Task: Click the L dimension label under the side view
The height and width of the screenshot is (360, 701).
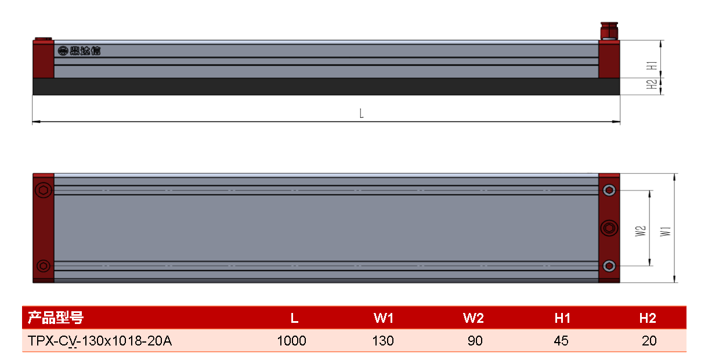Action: [x=362, y=113]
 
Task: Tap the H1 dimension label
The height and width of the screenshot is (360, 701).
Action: [x=652, y=66]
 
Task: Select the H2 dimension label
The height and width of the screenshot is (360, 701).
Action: [x=652, y=84]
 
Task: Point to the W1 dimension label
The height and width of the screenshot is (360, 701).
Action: [x=666, y=231]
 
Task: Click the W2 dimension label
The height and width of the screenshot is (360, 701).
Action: [x=640, y=231]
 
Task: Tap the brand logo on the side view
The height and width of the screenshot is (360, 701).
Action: [x=79, y=51]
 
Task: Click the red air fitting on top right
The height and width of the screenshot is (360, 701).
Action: [x=609, y=31]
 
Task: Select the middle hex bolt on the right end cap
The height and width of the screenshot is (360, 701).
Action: [x=609, y=228]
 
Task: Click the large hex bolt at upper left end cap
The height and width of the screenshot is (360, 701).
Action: [x=44, y=190]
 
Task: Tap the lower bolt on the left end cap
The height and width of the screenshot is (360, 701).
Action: [x=43, y=266]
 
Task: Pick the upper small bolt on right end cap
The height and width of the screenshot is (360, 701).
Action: [x=609, y=190]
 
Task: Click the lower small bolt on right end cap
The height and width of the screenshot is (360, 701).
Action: [x=609, y=266]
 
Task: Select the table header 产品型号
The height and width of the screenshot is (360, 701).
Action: [x=56, y=318]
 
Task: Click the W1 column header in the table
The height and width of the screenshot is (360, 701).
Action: [x=384, y=318]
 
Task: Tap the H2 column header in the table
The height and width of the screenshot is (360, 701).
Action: [x=648, y=318]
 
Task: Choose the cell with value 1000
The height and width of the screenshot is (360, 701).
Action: [x=292, y=341]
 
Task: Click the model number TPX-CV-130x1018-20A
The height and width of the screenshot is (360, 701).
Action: [x=100, y=341]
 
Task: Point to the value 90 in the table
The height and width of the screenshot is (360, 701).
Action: [x=475, y=341]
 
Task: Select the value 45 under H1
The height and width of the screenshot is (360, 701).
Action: [x=561, y=341]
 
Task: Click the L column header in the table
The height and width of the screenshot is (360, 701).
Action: [x=294, y=318]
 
